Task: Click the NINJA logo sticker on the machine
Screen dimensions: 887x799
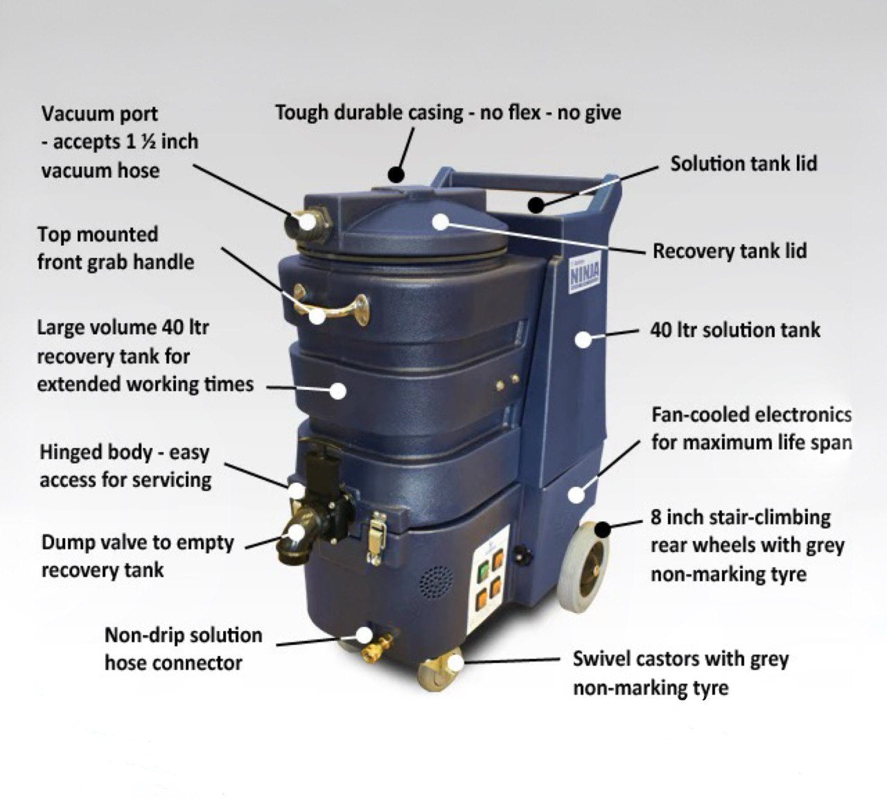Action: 584,276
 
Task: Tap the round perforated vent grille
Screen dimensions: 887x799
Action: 437,582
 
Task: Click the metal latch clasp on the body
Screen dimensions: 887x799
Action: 377,538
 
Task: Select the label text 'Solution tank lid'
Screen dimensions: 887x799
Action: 744,164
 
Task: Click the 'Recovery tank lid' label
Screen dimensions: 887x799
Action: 730,251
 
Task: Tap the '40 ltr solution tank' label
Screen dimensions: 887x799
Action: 735,330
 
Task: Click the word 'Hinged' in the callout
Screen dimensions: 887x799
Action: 72,453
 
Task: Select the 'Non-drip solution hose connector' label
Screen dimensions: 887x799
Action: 184,649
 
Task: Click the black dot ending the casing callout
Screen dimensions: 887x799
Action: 396,174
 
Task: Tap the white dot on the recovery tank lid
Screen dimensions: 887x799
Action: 441,222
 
